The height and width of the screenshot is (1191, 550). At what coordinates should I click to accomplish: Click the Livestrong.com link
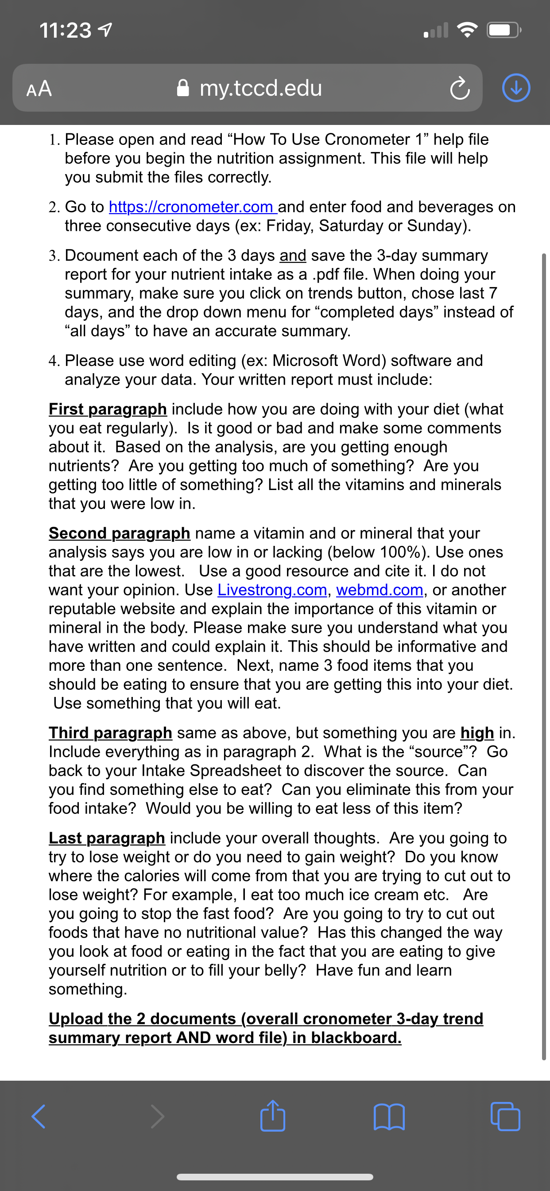click(x=272, y=590)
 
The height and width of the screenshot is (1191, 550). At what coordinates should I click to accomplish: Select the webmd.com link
click(x=380, y=590)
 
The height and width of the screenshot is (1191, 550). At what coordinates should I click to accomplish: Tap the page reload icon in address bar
click(x=459, y=88)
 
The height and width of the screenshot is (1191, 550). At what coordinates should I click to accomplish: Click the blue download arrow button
click(x=516, y=88)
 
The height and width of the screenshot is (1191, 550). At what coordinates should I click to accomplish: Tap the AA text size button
click(x=39, y=88)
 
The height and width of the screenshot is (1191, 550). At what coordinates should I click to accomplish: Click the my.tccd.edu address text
click(x=260, y=88)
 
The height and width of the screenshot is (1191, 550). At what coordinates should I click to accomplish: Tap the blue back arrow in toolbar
click(x=39, y=1117)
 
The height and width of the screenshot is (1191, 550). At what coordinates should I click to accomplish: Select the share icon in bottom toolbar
click(x=273, y=1116)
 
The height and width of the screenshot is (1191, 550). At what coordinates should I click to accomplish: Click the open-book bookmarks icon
click(x=389, y=1117)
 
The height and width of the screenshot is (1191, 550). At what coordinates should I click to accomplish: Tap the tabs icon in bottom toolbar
click(x=505, y=1117)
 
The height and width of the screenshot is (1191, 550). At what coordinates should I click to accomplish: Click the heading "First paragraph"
click(x=108, y=409)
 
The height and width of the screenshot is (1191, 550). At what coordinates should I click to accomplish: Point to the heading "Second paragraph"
click(x=119, y=533)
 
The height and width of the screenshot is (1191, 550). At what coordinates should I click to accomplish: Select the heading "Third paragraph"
click(x=110, y=733)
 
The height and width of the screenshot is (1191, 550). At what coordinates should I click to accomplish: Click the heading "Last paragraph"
click(x=107, y=838)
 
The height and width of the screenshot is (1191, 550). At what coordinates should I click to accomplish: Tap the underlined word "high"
click(x=477, y=733)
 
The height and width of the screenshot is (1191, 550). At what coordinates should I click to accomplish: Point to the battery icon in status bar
click(x=504, y=31)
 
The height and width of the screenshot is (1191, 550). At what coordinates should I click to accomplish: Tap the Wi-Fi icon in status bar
click(x=467, y=31)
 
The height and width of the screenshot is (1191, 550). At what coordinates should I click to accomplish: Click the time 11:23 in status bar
click(x=66, y=31)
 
